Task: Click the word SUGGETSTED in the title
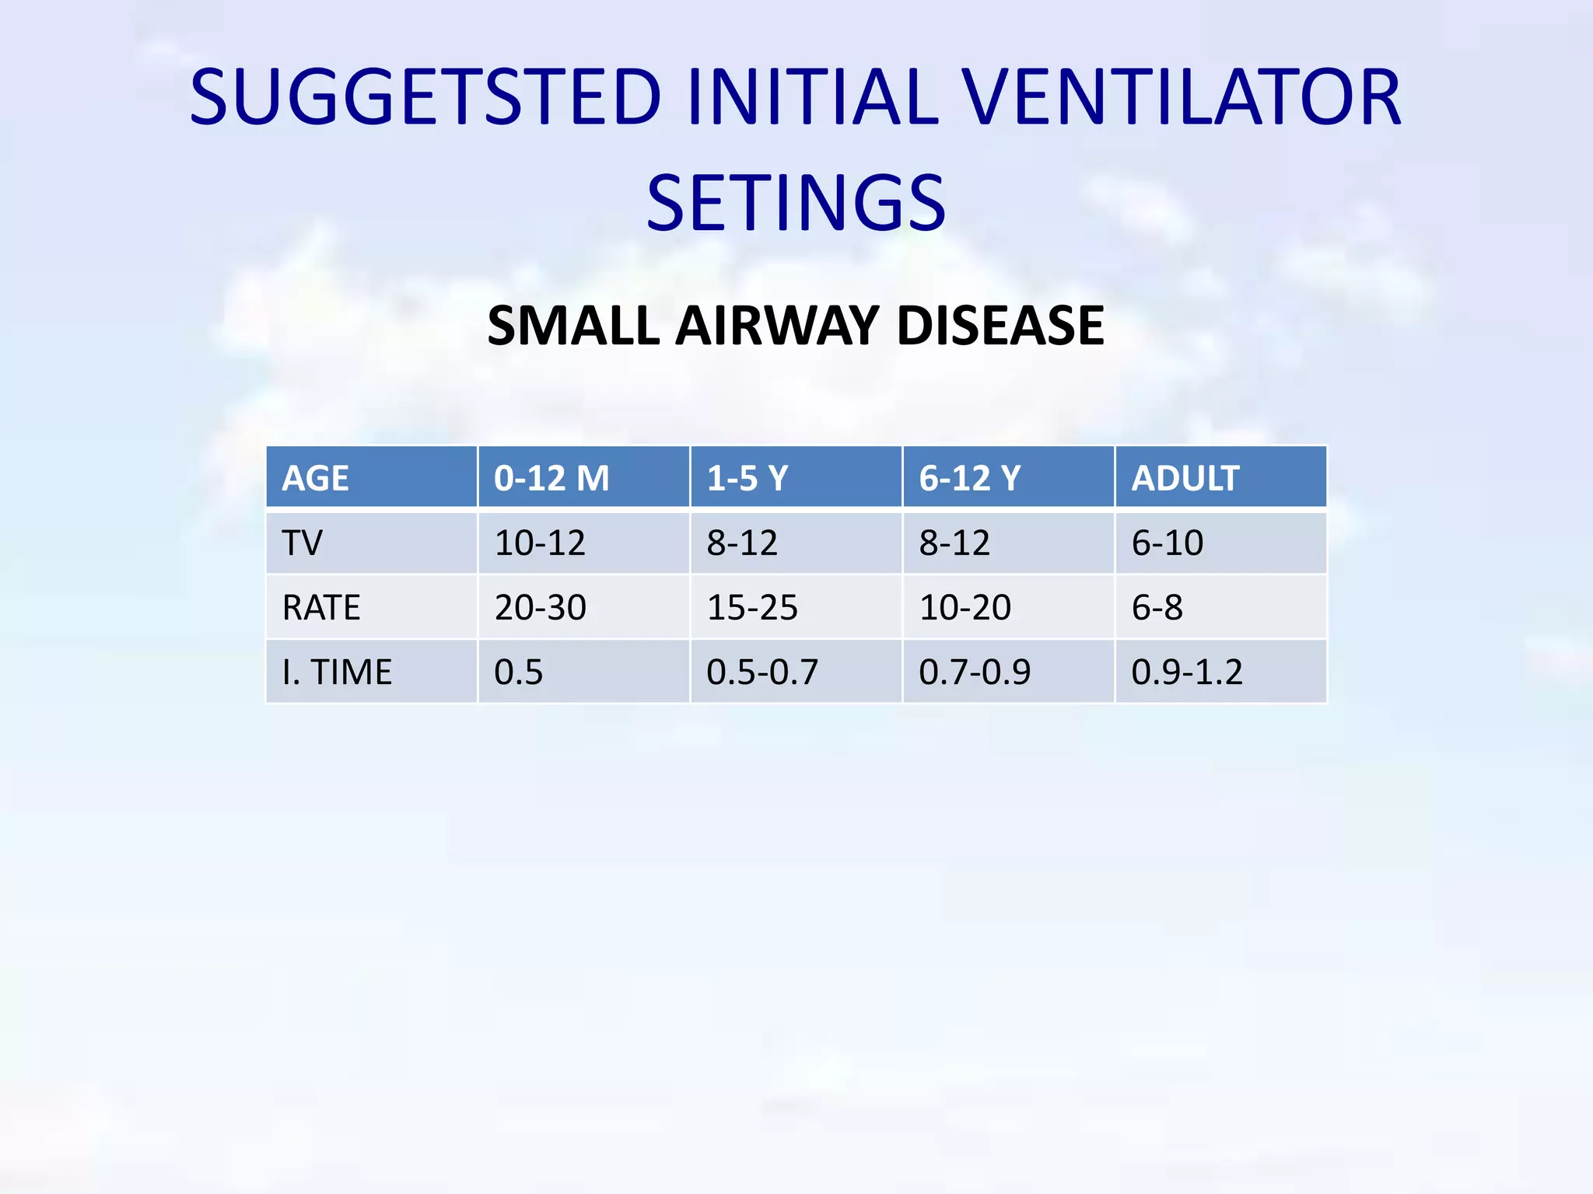pyautogui.click(x=425, y=97)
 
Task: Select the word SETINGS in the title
pyautogui.click(x=796, y=204)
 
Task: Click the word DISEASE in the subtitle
pyautogui.click(x=1000, y=325)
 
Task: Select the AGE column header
pyautogui.click(x=315, y=477)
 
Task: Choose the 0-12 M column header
pyautogui.click(x=551, y=477)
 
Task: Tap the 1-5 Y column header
pyautogui.click(x=747, y=477)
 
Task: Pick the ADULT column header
pyautogui.click(x=1185, y=477)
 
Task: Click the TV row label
pyautogui.click(x=302, y=543)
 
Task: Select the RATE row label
pyautogui.click(x=321, y=607)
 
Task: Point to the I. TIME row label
pyautogui.click(x=337, y=672)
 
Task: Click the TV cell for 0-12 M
pyautogui.click(x=540, y=543)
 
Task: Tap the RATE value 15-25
pyautogui.click(x=752, y=607)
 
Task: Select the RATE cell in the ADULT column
pyautogui.click(x=1157, y=607)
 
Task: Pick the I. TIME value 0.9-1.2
pyautogui.click(x=1187, y=672)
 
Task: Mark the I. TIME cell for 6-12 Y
pyautogui.click(x=975, y=672)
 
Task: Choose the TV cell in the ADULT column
pyautogui.click(x=1168, y=543)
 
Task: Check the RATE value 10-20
pyautogui.click(x=965, y=607)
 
